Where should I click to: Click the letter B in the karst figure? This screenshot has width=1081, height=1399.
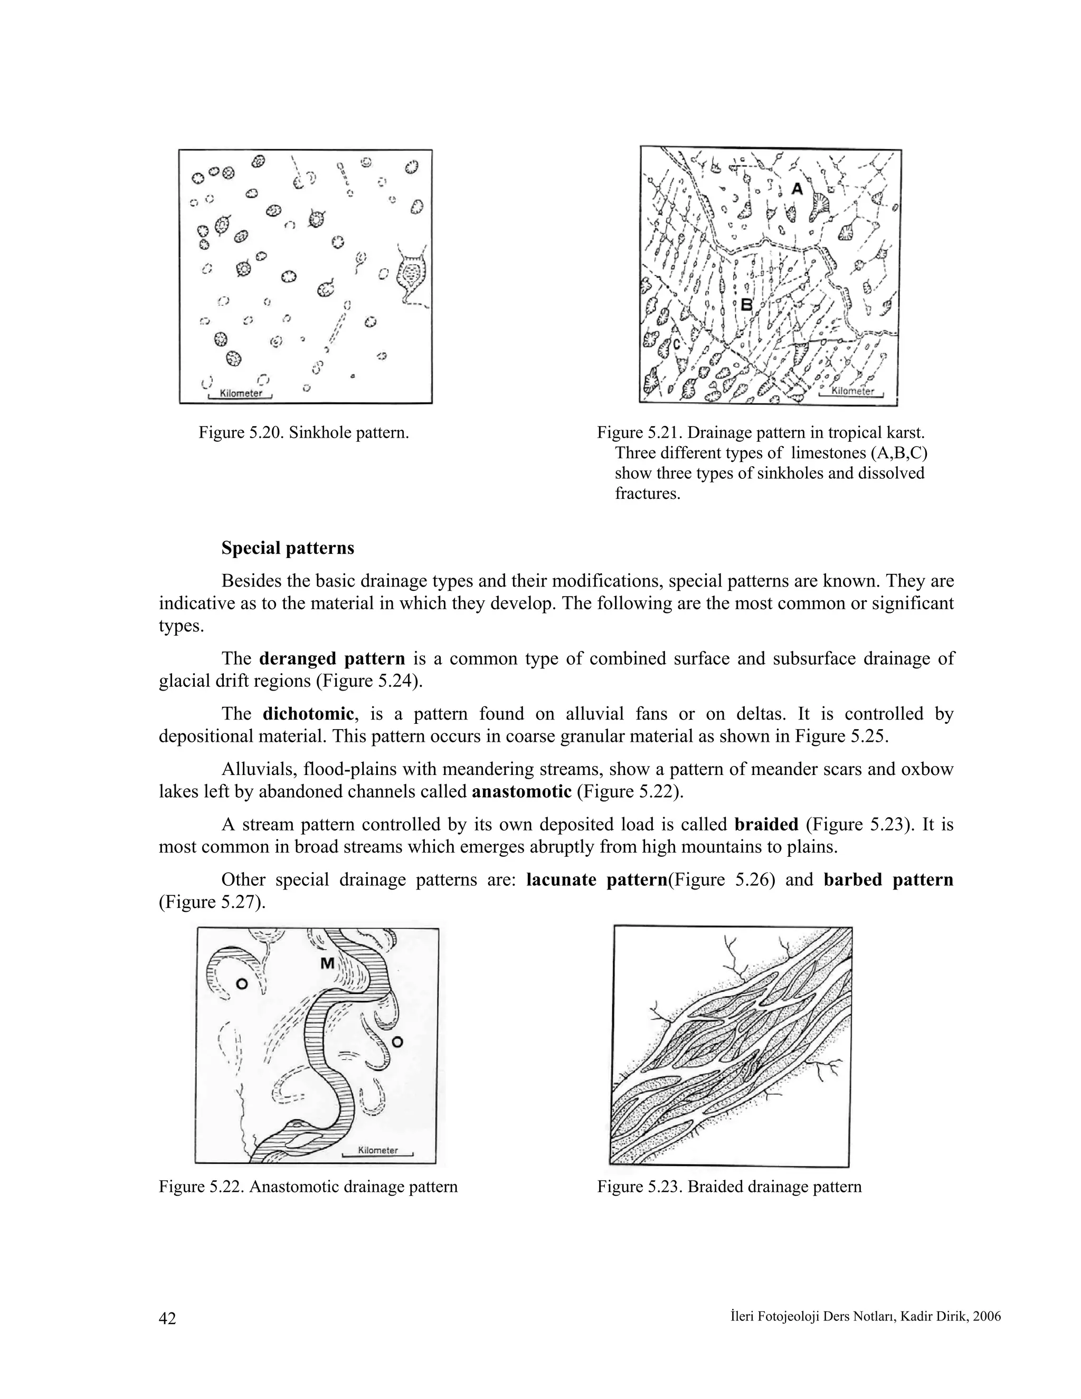coord(746,305)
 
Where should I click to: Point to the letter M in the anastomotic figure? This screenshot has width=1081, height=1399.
coord(327,963)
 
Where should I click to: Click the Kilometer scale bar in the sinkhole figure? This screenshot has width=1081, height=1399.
coord(241,394)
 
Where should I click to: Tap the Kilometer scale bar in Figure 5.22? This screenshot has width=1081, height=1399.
coord(378,1150)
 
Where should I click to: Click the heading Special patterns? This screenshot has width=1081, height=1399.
coord(288,549)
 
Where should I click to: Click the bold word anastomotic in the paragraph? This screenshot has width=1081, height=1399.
coord(521,791)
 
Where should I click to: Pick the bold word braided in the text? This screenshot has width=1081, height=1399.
coord(766,825)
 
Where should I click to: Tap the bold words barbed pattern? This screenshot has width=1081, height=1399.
coord(888,880)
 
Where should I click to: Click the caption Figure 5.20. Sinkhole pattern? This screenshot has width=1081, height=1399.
coord(304,432)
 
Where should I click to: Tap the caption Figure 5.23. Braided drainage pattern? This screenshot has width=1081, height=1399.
coord(729,1187)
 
